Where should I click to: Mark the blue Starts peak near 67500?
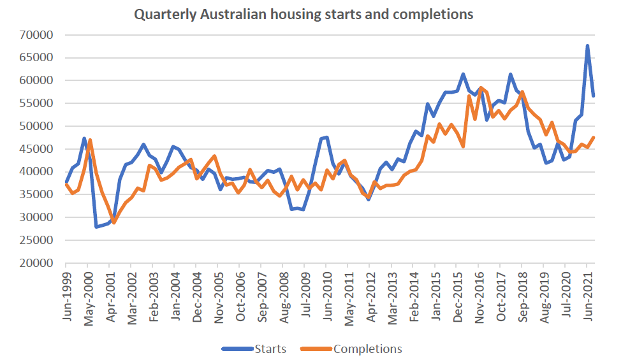(x=587, y=46)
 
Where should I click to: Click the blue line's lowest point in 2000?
(x=96, y=226)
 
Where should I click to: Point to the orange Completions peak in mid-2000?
(x=90, y=140)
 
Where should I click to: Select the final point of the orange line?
(x=594, y=138)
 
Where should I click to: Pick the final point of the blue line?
(x=594, y=96)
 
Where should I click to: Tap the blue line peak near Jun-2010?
(x=327, y=137)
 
